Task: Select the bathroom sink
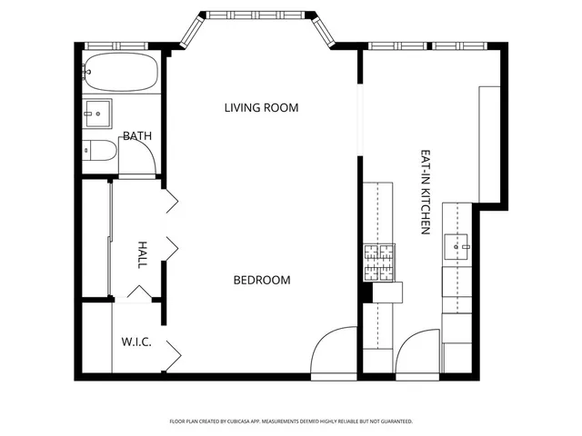[x=96, y=113]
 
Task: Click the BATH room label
[x=138, y=136]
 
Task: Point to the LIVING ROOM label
[x=261, y=108]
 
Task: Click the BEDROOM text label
[x=262, y=280]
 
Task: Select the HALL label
[x=142, y=254]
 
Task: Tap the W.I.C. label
[x=136, y=342]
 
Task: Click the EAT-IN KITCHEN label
[x=425, y=193]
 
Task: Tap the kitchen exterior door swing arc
[x=416, y=350]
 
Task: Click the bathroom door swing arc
[x=138, y=160]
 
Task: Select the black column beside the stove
[x=366, y=292]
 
